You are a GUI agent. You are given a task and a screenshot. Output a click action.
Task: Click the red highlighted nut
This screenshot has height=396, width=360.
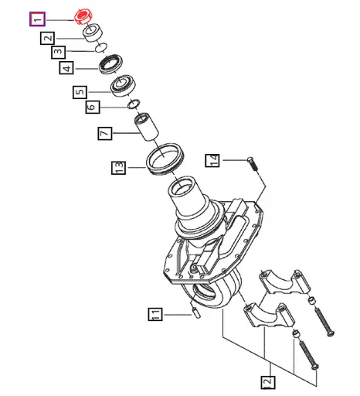point(84,16)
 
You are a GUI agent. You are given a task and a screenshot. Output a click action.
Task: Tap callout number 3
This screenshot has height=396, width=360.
point(58,53)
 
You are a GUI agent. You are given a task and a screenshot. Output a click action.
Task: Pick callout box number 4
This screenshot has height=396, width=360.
point(67,67)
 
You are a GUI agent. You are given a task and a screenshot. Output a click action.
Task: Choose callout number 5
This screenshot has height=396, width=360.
point(80,92)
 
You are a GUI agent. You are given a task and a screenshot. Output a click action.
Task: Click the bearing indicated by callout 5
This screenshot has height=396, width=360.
point(124,84)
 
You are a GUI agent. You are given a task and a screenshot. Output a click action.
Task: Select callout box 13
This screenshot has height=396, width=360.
point(117,167)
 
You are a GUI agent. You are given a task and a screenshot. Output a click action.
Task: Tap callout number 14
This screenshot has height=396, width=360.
point(214,160)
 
